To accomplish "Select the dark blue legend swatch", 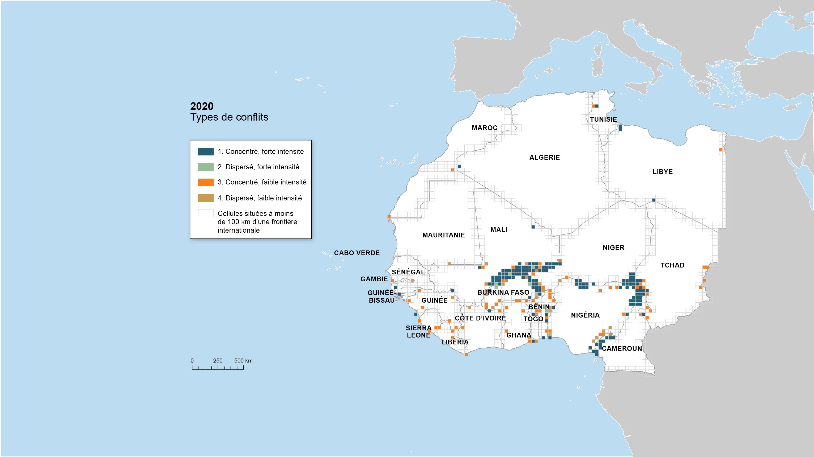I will (x=206, y=152).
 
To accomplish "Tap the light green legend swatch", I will (x=206, y=167).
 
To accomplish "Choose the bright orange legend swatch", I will (x=206, y=182).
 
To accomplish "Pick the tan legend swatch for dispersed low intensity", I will (x=206, y=198).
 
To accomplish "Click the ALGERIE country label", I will (x=544, y=157).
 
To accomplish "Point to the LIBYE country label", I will (x=663, y=172).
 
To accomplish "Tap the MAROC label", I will (x=484, y=128).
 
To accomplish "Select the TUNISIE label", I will (x=603, y=119).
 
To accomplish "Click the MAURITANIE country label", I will (x=443, y=235).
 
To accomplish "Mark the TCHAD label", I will (x=672, y=265).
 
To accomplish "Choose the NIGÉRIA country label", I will (x=585, y=315).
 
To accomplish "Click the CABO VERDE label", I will (x=357, y=253).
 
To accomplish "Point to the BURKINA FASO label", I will (x=503, y=293).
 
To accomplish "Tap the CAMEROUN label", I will (x=622, y=348).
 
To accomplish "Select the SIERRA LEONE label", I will (x=418, y=332).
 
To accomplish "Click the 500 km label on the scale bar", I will (x=243, y=361).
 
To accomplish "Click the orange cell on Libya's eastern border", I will (x=721, y=150).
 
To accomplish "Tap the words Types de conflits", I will (x=229, y=117).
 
